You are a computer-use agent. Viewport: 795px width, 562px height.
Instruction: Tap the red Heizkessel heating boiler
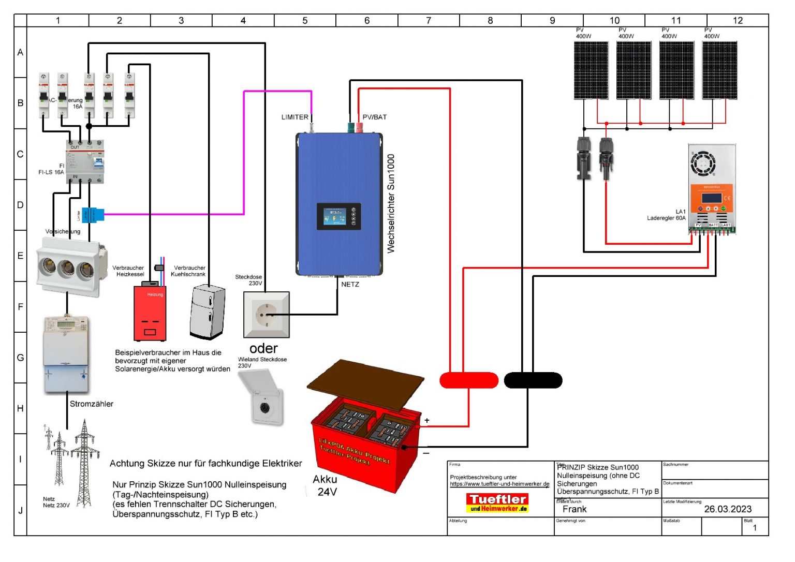(x=150, y=313)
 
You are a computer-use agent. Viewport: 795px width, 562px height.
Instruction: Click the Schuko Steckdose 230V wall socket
(x=266, y=314)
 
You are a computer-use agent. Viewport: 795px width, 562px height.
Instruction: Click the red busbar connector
(x=468, y=380)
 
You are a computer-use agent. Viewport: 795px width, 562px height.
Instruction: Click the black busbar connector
(x=533, y=380)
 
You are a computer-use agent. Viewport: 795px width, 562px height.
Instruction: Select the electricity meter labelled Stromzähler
(x=66, y=354)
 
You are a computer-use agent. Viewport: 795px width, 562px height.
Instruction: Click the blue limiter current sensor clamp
(x=93, y=214)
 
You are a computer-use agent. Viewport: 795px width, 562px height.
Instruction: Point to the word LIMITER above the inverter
(x=295, y=117)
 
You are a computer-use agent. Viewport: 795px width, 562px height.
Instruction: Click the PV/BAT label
(x=374, y=117)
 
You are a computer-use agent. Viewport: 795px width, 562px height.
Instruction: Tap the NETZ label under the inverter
(x=350, y=285)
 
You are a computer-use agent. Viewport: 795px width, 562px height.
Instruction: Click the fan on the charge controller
(x=703, y=164)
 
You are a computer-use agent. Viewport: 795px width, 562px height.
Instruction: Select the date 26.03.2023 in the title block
(x=727, y=509)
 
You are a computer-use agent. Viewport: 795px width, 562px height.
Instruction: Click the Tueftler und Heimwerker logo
(x=497, y=502)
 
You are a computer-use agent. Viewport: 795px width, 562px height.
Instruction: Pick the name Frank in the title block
(x=574, y=509)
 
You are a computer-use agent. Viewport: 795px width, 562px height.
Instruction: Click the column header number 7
(x=428, y=21)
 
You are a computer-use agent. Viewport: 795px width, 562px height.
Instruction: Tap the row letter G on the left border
(x=20, y=358)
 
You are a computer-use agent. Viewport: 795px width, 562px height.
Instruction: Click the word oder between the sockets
(x=263, y=348)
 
